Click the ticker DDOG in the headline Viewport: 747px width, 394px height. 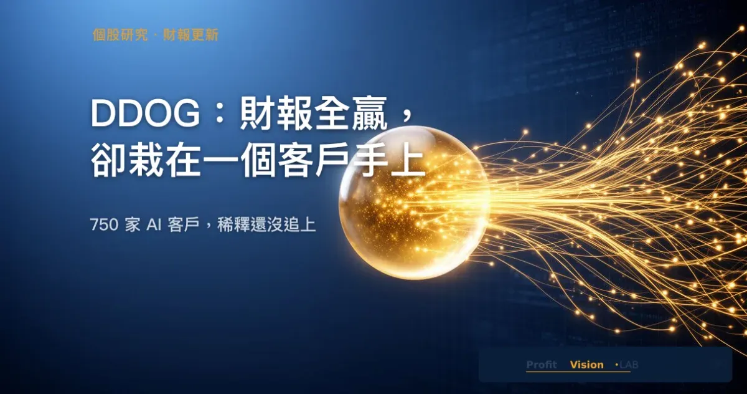145,113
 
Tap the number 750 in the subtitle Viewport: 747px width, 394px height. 104,225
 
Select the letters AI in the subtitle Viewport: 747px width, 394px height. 154,225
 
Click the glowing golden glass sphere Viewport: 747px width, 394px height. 414,203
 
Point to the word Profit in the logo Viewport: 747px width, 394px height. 542,365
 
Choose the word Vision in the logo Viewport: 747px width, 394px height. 586,365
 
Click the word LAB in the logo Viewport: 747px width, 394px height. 629,365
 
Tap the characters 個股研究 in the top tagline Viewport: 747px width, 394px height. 120,35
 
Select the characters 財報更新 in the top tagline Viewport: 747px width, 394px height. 190,35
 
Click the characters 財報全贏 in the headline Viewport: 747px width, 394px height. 314,113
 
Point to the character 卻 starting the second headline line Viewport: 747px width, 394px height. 109,160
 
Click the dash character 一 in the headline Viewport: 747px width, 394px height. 221,161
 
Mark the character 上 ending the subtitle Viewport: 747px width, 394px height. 308,225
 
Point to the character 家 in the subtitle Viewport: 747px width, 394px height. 133,225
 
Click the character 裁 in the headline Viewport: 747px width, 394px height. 147,160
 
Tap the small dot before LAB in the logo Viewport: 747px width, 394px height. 617,365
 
